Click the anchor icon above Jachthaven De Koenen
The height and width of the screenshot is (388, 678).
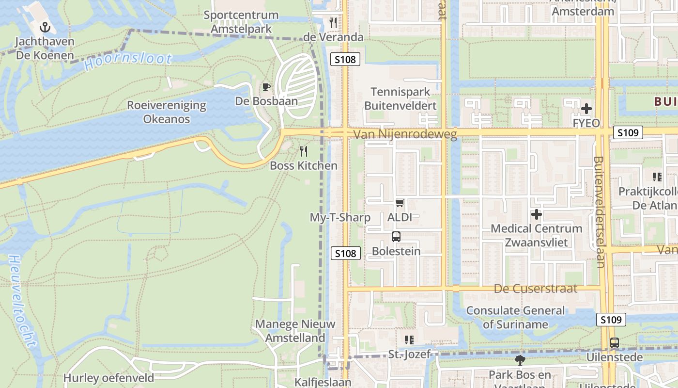(45, 27)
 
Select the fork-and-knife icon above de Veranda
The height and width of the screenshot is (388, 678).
(333, 23)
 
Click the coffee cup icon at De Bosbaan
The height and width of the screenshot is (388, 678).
(266, 87)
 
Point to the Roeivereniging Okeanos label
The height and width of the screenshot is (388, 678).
(167, 112)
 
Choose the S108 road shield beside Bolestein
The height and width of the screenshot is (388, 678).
(346, 253)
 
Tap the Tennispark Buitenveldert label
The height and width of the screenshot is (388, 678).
(401, 98)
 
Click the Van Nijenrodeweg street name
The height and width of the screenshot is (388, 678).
(405, 134)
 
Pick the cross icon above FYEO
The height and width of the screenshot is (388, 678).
(586, 109)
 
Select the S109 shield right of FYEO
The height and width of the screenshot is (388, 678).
(628, 132)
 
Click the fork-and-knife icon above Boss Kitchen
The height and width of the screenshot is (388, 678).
(304, 151)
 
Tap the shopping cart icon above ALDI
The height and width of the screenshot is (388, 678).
(400, 203)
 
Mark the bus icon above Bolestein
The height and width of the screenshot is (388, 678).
(396, 237)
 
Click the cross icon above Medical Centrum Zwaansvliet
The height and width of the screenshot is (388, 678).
(537, 214)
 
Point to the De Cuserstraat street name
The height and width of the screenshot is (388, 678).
(536, 289)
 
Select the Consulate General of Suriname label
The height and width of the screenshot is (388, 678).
(515, 317)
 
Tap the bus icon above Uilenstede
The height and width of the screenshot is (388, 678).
(615, 343)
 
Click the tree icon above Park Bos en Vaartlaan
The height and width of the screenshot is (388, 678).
(520, 360)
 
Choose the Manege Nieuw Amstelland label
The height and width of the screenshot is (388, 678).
(295, 331)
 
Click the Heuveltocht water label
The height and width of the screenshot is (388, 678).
(22, 301)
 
